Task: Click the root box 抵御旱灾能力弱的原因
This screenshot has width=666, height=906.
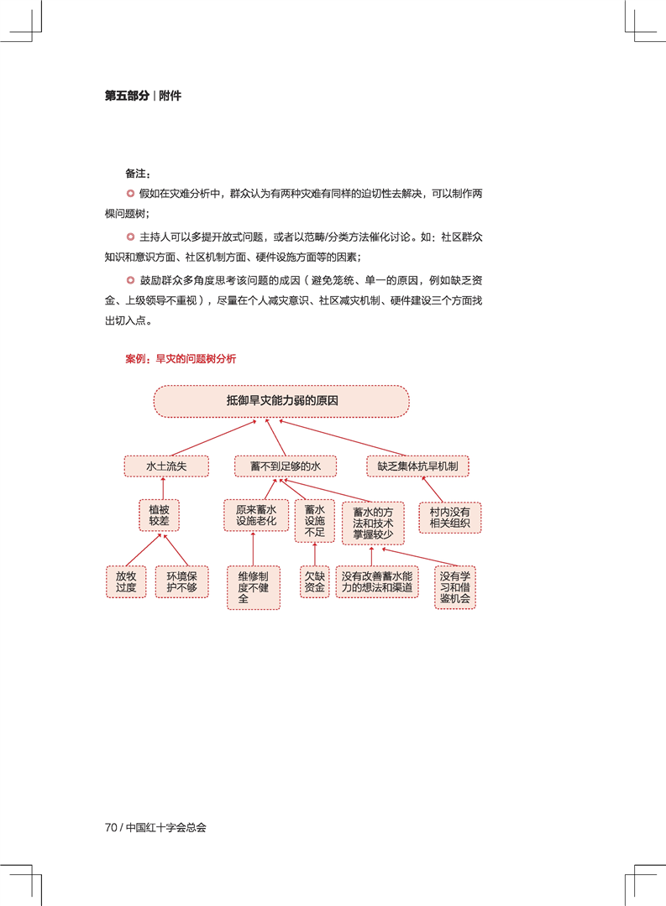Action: (281, 401)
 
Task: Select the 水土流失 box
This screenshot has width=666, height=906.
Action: (166, 466)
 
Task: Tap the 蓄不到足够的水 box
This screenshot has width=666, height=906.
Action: (286, 466)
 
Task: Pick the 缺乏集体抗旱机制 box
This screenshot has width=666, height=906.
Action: (417, 466)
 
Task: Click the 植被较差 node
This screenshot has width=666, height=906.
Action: (159, 515)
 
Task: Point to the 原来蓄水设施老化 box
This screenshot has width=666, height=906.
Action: (256, 515)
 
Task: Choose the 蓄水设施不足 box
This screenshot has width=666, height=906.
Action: (315, 521)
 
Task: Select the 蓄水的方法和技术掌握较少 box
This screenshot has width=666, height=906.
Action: (373, 523)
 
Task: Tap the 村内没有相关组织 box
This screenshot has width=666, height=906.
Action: (449, 518)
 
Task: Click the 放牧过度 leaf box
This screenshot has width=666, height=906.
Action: (126, 582)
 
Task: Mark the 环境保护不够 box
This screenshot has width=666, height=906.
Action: (181, 582)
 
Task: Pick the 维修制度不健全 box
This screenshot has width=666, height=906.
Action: (254, 587)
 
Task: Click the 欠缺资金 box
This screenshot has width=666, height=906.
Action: (315, 582)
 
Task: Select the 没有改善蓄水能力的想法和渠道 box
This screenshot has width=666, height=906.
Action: (377, 582)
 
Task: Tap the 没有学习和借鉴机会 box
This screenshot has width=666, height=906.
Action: (455, 587)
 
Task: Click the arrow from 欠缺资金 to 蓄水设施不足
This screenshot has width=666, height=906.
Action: (315, 555)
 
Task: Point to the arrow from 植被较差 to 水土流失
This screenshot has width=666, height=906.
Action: (163, 488)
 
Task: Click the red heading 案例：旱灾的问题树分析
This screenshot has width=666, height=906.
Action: (181, 359)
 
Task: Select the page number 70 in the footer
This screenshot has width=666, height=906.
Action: (111, 827)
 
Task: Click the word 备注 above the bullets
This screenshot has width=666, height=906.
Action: (135, 174)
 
